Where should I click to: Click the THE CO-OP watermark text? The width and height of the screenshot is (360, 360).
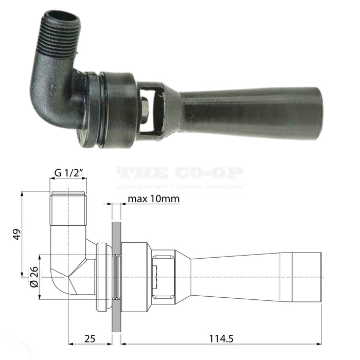click(x=179, y=174)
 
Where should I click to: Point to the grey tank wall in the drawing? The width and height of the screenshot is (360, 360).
click(x=116, y=273)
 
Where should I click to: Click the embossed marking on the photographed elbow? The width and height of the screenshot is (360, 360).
click(x=68, y=81)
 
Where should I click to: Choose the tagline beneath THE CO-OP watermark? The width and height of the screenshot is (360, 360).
click(x=179, y=186)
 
